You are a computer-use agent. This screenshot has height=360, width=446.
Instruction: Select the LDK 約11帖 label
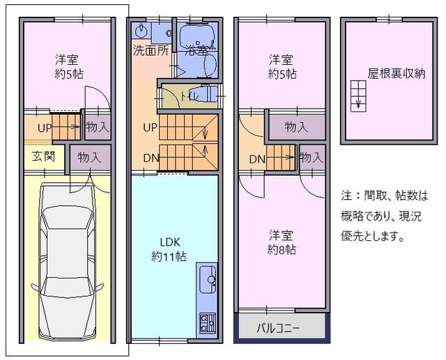(x=169, y=249)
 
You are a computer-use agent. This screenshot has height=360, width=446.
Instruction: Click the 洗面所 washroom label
(x=150, y=51)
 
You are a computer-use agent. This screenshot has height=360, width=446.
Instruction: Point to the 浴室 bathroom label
(x=197, y=49)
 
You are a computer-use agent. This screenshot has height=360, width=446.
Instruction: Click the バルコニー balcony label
(x=278, y=327)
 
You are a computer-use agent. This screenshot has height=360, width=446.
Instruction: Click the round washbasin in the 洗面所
(x=141, y=30)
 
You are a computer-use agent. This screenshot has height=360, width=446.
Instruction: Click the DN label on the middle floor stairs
(x=151, y=157)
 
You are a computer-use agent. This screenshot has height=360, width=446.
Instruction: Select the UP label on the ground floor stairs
(x=44, y=128)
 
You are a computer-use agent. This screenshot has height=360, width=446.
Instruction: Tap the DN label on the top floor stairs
(x=256, y=159)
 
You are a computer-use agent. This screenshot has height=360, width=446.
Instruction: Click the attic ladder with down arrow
(x=357, y=94)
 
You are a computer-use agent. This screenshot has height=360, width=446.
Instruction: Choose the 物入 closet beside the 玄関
(x=90, y=157)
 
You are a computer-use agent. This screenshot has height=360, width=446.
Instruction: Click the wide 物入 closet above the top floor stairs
(x=296, y=127)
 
